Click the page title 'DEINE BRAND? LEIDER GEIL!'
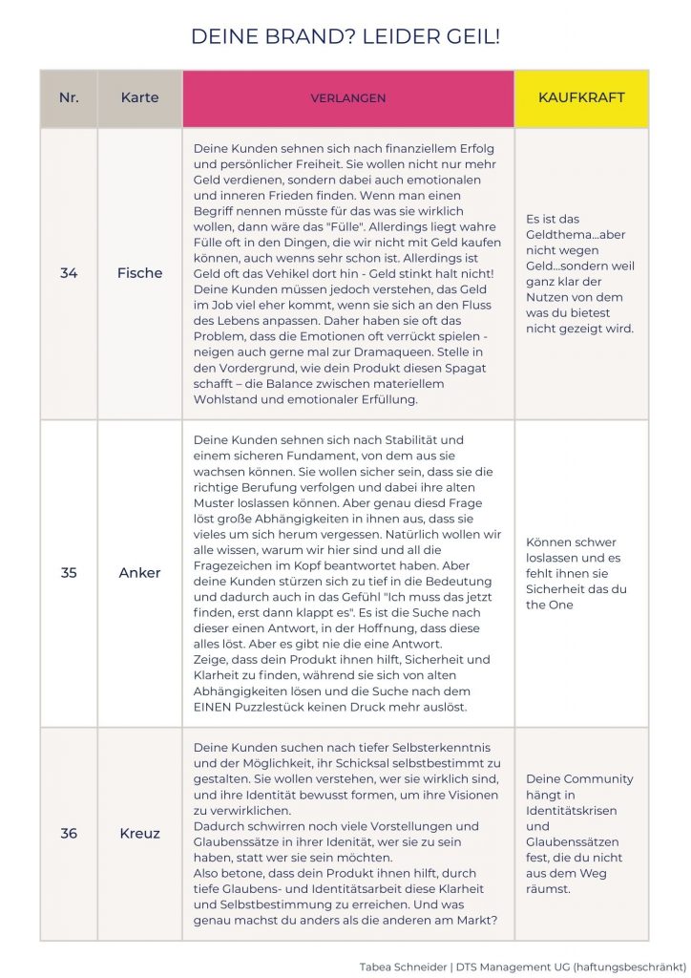[345, 37]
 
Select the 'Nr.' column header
[69, 97]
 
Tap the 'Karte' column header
[139, 97]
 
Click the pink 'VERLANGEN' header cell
[347, 98]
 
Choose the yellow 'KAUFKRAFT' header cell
[581, 97]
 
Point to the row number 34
[69, 273]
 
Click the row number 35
[69, 573]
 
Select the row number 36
[69, 833]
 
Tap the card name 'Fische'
[139, 273]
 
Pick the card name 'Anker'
[139, 573]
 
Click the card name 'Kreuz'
[139, 833]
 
